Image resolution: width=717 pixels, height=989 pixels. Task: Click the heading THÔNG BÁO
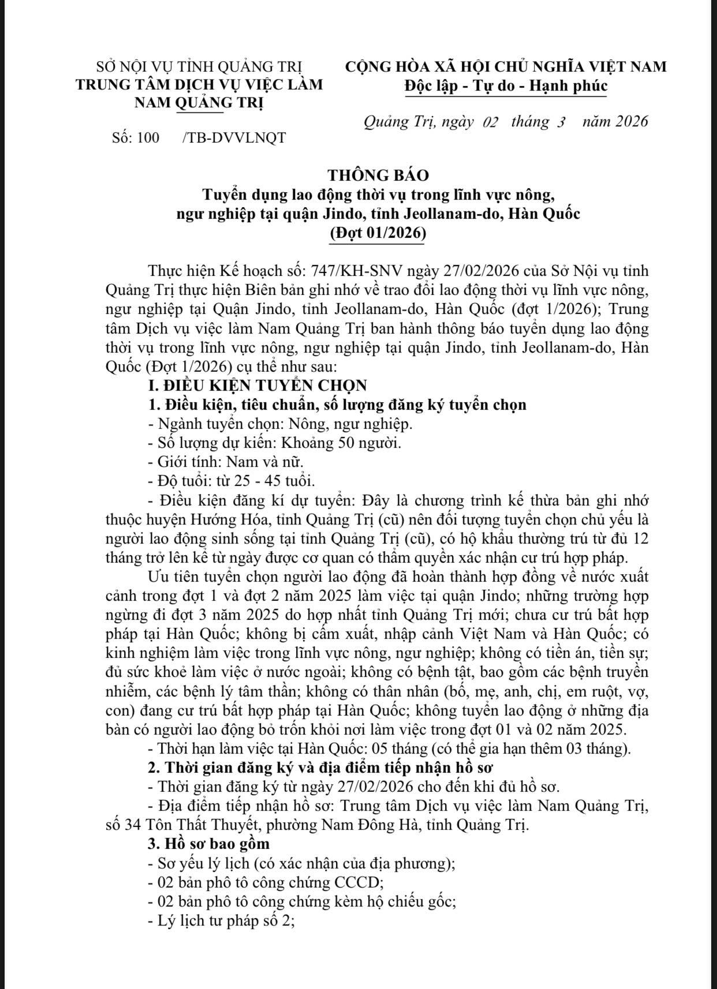point(378,175)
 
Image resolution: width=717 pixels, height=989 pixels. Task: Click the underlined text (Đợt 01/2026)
point(378,233)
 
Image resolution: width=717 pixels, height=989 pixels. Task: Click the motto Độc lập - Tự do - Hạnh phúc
point(506,86)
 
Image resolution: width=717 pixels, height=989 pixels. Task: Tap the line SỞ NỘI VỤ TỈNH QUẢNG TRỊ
point(199,66)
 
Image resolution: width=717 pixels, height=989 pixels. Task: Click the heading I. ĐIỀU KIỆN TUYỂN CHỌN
point(257,385)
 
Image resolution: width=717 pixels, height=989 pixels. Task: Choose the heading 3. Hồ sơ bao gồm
point(209,844)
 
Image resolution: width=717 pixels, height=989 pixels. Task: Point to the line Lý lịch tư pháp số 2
point(221,921)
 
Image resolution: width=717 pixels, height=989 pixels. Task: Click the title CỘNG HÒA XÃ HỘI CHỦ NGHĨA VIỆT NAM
point(506,66)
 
